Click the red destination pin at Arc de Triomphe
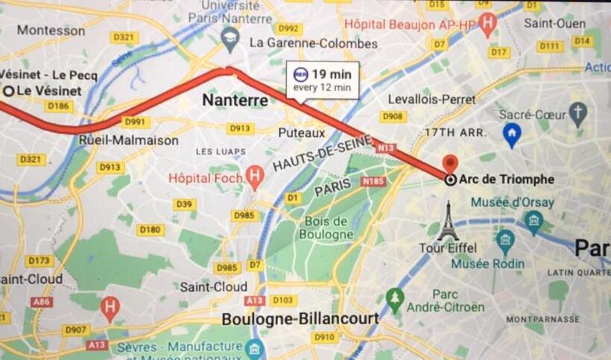coord(450,164)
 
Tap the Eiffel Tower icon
coord(447,222)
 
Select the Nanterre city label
coord(235,100)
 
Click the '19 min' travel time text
coord(332,74)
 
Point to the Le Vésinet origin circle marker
coord(8,91)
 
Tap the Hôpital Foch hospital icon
coord(256,177)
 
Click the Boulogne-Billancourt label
coord(300,319)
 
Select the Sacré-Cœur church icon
coord(577,114)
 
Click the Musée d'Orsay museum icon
coord(534,220)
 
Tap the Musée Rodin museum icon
coord(506,241)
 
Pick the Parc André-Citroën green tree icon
coord(395,299)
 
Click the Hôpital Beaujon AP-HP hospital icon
coord(487,24)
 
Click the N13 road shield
coord(385,148)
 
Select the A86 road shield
coord(42,302)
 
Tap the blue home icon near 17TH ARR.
coord(511,135)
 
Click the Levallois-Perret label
coord(432,99)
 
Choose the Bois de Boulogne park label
coord(326,227)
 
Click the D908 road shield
coord(393,116)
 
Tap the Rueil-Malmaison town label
coord(128,140)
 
